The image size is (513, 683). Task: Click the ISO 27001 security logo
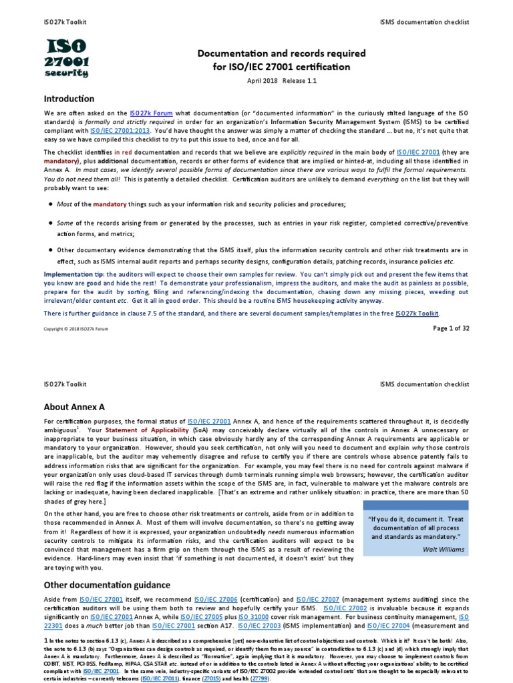point(67,57)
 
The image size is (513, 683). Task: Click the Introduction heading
point(69,99)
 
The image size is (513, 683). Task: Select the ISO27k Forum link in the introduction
point(151,113)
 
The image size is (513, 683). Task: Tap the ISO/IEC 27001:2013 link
point(121,131)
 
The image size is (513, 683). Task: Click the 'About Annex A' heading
point(75,406)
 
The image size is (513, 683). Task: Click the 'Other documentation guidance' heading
point(107,585)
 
